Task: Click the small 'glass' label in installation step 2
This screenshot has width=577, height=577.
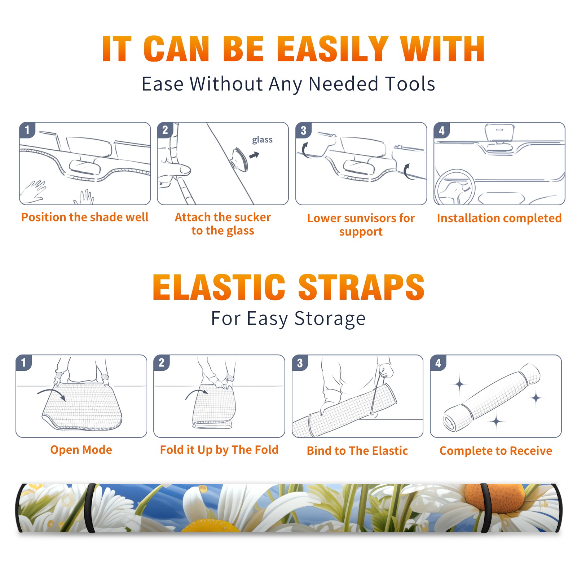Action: [x=262, y=140]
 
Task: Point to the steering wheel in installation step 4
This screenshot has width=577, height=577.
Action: [x=455, y=188]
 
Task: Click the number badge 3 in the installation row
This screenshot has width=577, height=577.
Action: [x=303, y=130]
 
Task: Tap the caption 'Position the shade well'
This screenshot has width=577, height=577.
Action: [x=85, y=217]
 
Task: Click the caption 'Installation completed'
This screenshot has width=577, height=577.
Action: [x=499, y=218]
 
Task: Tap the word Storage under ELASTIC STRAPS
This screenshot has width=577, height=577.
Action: [x=330, y=319]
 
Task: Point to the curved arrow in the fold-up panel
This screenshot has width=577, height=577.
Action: [x=196, y=394]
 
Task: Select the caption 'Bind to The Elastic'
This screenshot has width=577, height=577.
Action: [x=357, y=451]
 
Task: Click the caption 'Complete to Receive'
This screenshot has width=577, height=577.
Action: [x=496, y=451]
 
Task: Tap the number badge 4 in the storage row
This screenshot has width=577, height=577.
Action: [x=438, y=363]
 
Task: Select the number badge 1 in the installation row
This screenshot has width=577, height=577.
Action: [x=27, y=130]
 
